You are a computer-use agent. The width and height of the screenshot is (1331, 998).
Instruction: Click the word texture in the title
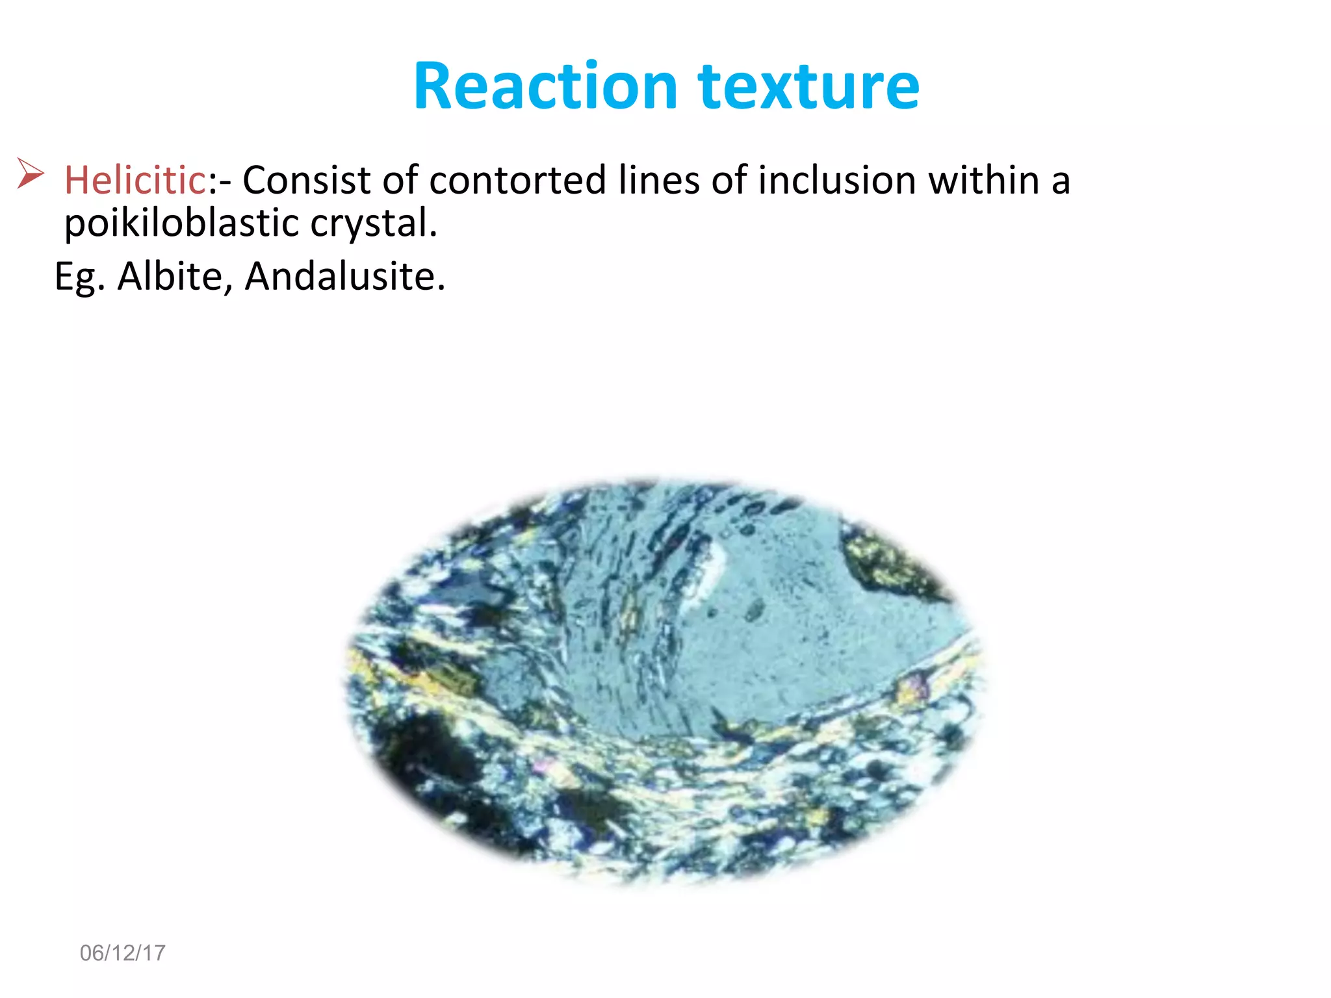coord(808,86)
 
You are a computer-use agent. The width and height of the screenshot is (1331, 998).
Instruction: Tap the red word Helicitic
coord(135,180)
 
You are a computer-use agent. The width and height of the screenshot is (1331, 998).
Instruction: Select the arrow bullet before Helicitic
coord(30,173)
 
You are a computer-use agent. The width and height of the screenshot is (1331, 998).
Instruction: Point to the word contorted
coord(517,180)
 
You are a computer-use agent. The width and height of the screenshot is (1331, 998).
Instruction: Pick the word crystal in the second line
coord(373,223)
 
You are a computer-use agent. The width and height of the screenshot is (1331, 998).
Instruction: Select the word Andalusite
coord(344,277)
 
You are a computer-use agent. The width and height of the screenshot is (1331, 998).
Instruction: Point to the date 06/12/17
coord(122,953)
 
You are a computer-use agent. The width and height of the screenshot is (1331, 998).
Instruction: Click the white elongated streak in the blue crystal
coord(708,572)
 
